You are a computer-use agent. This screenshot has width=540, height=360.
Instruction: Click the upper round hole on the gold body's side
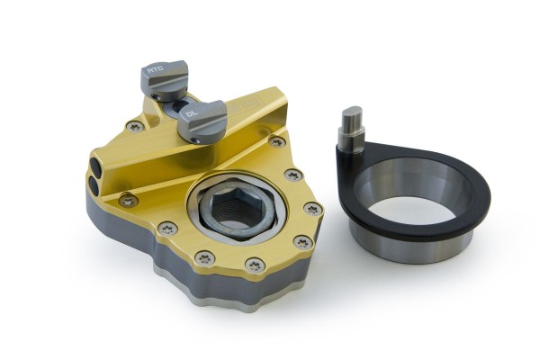click(x=95, y=164)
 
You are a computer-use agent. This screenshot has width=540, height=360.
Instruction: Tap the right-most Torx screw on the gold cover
click(x=312, y=209)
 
